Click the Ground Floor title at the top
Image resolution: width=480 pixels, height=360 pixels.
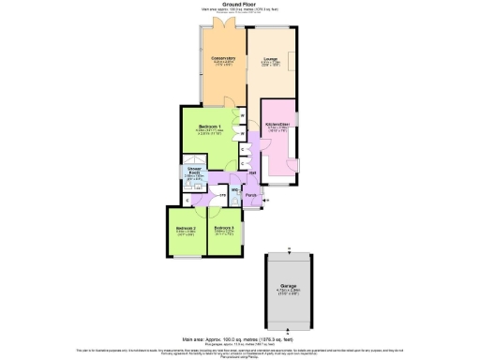tap(240, 4)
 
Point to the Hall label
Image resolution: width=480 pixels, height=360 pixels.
tap(253, 172)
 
